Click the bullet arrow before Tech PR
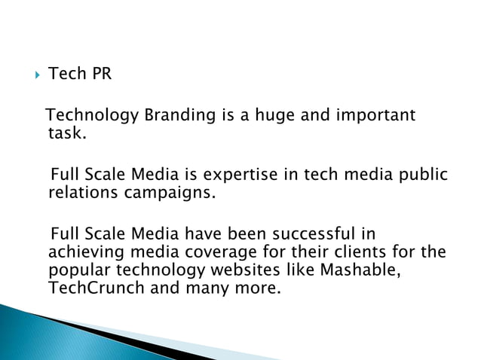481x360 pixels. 32,75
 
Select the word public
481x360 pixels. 423,175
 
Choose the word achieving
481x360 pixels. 80,252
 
